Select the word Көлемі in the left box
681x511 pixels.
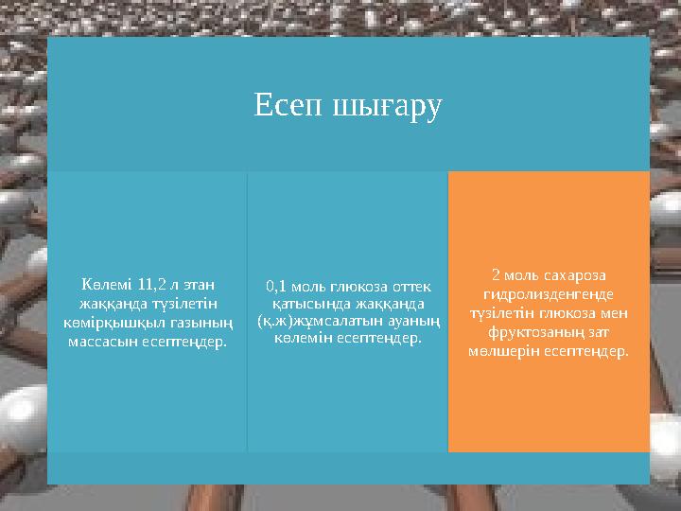[x=105, y=283]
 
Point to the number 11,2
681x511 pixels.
[x=152, y=283]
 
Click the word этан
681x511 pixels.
[x=197, y=283]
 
